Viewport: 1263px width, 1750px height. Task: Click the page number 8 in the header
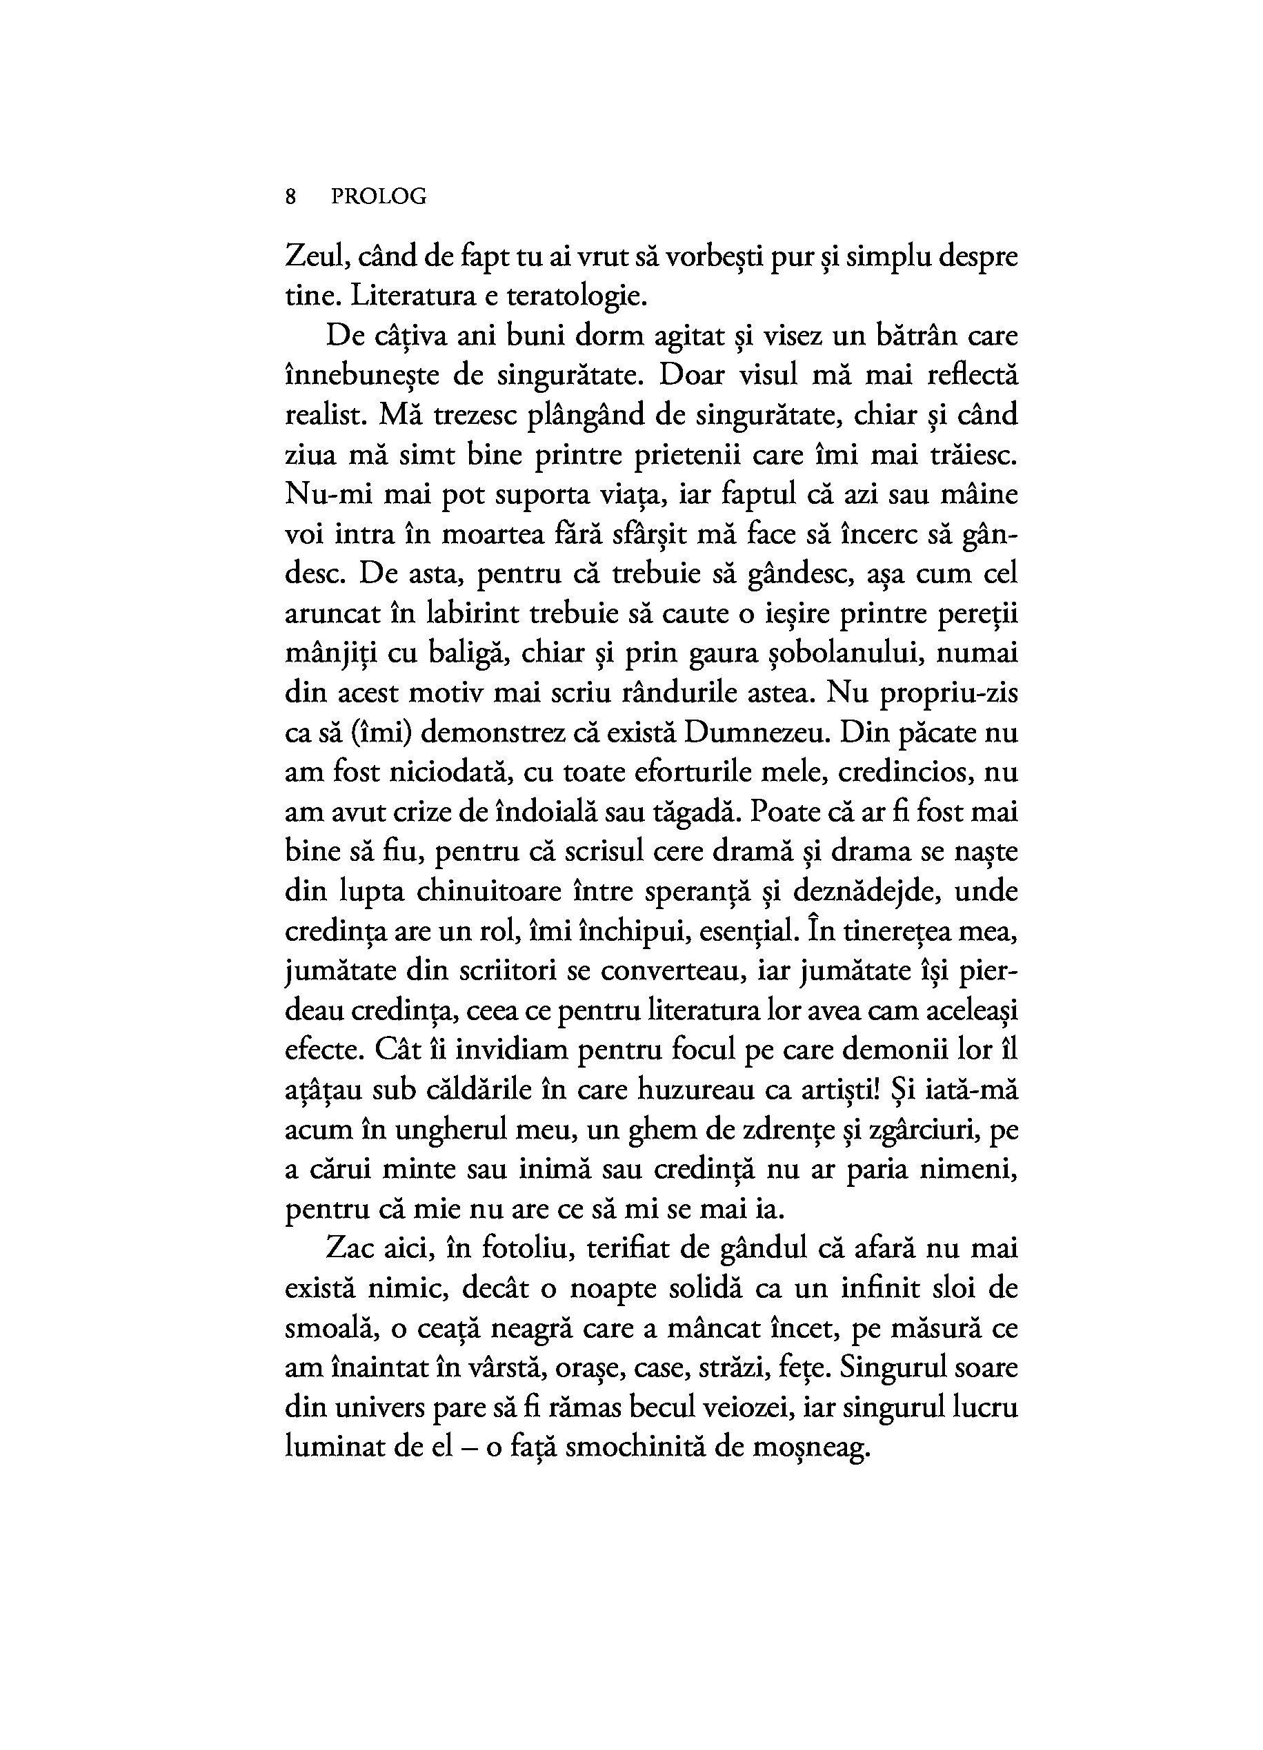pyautogui.click(x=290, y=198)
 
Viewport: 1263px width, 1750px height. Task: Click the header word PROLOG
pyautogui.click(x=378, y=198)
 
